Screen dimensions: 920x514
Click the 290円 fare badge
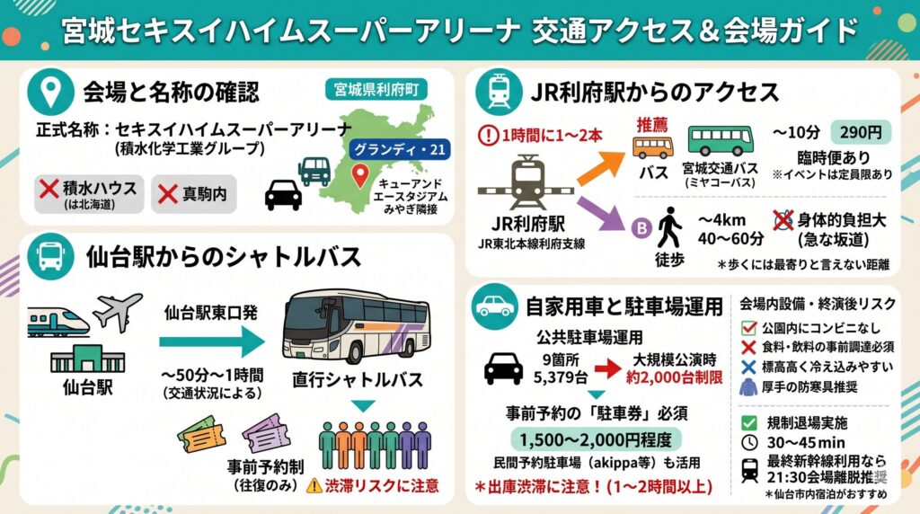(x=860, y=133)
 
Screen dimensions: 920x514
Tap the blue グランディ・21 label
(x=400, y=150)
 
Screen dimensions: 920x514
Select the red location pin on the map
(x=359, y=175)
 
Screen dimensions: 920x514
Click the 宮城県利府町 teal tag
(x=376, y=89)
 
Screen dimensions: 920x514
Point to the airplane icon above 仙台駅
(x=118, y=311)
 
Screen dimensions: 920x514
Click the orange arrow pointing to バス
(x=601, y=167)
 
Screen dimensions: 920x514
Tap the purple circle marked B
(x=641, y=227)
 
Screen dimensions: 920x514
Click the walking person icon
(x=669, y=227)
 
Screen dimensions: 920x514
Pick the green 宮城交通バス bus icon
(x=720, y=141)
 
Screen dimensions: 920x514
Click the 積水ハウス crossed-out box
(x=89, y=194)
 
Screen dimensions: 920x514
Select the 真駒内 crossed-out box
(x=194, y=194)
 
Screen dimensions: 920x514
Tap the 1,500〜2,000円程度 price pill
(x=597, y=439)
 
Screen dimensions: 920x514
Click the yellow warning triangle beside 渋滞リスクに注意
(x=314, y=485)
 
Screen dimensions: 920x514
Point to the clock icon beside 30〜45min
(x=749, y=442)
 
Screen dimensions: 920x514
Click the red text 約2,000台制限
(x=674, y=377)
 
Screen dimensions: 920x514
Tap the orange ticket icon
(x=202, y=434)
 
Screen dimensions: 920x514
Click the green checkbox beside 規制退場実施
(x=748, y=422)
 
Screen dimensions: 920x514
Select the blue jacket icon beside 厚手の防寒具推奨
(x=748, y=388)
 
